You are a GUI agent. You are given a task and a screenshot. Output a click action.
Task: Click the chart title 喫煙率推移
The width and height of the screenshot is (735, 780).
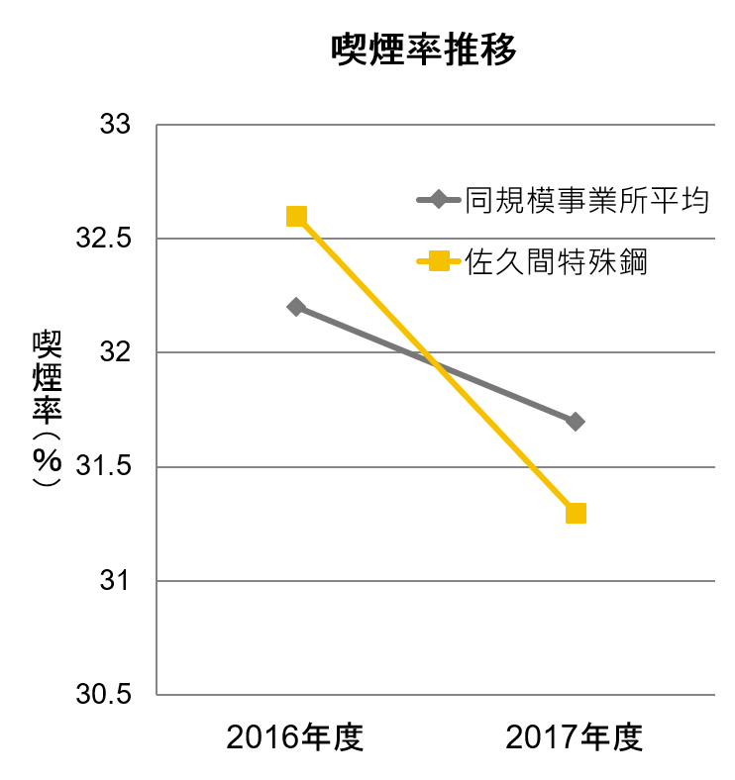coord(424,50)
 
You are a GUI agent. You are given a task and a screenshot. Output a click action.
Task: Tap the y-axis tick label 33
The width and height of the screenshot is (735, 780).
coord(116,126)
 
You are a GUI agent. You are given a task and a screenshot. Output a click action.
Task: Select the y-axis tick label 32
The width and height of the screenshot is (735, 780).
coord(116,353)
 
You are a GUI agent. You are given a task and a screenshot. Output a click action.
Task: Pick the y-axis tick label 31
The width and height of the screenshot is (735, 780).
coord(116,581)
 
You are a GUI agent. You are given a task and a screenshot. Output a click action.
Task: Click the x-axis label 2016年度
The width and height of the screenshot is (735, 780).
coord(295,738)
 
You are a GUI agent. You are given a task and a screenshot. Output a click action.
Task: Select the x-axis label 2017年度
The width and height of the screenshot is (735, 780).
coord(575,738)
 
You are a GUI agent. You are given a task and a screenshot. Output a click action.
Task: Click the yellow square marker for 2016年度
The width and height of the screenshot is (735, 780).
coord(296,217)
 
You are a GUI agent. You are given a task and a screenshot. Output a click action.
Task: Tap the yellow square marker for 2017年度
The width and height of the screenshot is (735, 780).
coord(576,513)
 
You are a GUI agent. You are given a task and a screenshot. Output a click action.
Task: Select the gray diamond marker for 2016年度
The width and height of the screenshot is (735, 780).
coord(296,307)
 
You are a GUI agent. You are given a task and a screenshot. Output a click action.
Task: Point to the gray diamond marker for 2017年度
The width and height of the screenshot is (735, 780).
coord(576,422)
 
